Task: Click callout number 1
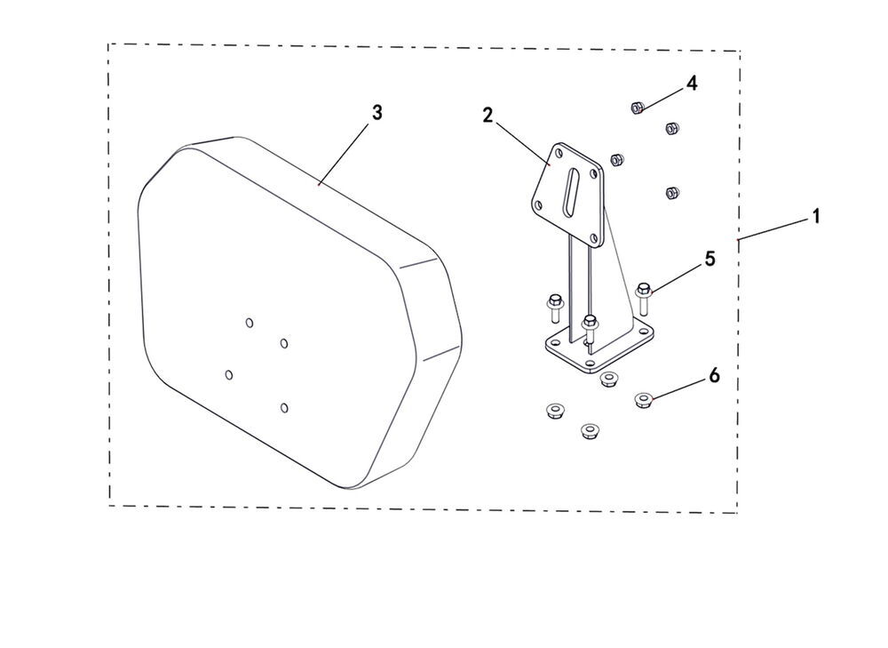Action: (x=816, y=216)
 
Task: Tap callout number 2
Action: (x=488, y=116)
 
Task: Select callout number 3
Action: (x=377, y=112)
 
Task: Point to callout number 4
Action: (x=692, y=84)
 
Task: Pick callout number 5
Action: (x=710, y=259)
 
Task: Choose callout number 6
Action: (x=714, y=375)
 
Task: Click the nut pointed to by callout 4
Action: (x=637, y=107)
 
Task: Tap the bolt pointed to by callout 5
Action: (x=643, y=298)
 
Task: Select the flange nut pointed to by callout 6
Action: (x=643, y=400)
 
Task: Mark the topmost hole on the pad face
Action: (x=250, y=323)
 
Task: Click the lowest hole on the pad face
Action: (x=284, y=408)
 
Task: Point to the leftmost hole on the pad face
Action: (x=229, y=375)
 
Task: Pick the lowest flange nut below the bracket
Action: (x=591, y=430)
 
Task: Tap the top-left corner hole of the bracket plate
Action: (x=559, y=153)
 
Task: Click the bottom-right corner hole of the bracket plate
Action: (x=593, y=238)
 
